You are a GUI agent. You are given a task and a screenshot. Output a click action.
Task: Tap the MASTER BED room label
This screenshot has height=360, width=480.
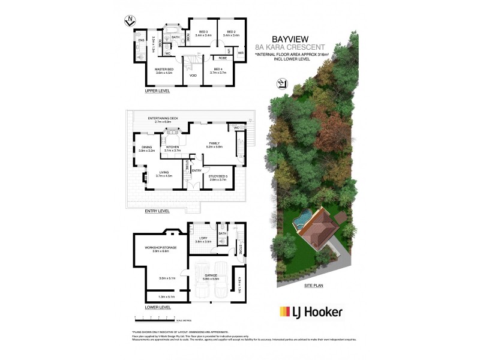point(164,70)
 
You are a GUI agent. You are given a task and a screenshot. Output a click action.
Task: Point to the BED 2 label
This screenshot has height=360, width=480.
point(231,31)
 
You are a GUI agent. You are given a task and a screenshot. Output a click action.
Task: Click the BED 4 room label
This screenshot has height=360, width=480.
point(218,70)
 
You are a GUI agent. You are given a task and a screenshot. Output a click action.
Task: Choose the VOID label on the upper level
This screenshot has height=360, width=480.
point(193,76)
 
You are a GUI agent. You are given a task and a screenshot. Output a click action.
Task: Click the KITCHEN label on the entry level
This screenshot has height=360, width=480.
point(173,146)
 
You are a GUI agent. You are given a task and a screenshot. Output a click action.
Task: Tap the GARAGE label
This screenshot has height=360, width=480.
point(209,277)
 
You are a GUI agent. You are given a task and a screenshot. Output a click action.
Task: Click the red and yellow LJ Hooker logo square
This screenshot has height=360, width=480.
point(284,311)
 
